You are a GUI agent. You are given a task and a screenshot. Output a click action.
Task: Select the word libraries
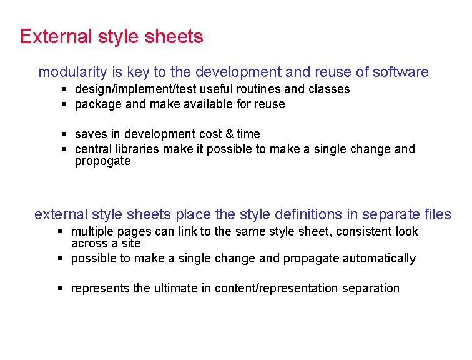(x=136, y=149)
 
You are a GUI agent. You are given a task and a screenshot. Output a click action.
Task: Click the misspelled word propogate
(x=102, y=161)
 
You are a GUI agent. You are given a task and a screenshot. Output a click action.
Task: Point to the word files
(x=437, y=214)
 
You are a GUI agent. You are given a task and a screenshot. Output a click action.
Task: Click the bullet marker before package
(x=64, y=104)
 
